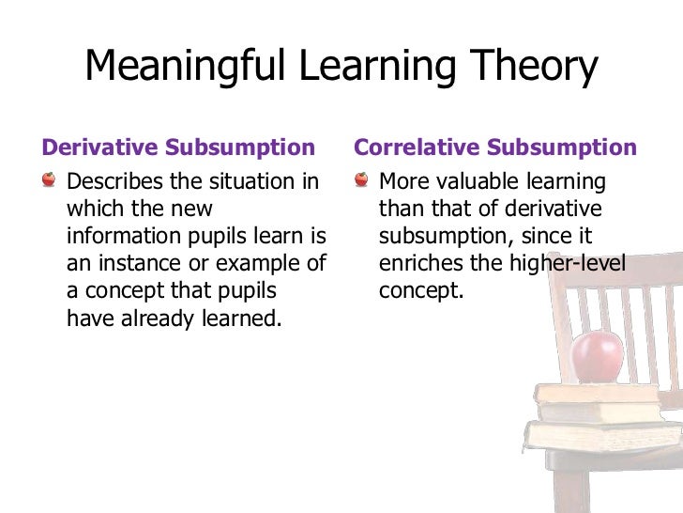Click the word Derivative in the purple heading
(x=99, y=148)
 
